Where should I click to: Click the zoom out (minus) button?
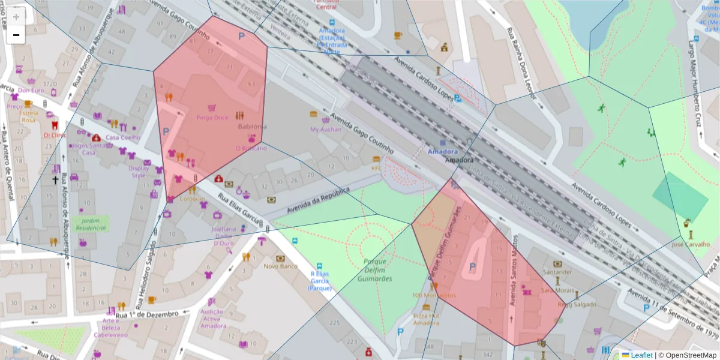16,35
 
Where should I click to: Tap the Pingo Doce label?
212,118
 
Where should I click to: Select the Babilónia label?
252,127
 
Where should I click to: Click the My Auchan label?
326,129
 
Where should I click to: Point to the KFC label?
376,168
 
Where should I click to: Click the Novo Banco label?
280,266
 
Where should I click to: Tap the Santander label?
557,272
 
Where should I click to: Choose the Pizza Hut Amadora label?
426,319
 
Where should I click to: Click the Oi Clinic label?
55,135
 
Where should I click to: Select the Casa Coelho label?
122,137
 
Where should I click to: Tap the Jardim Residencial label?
90,224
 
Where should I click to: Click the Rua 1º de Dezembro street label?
147,314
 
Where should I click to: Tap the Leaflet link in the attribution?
641,355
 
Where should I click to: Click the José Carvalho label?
691,244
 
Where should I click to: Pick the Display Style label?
139,172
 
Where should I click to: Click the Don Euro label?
31,91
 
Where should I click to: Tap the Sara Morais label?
554,290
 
